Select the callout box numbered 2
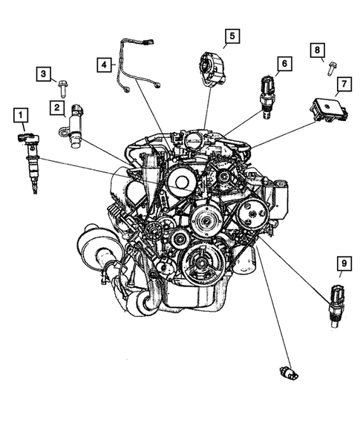(56, 108)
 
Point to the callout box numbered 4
(105, 65)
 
